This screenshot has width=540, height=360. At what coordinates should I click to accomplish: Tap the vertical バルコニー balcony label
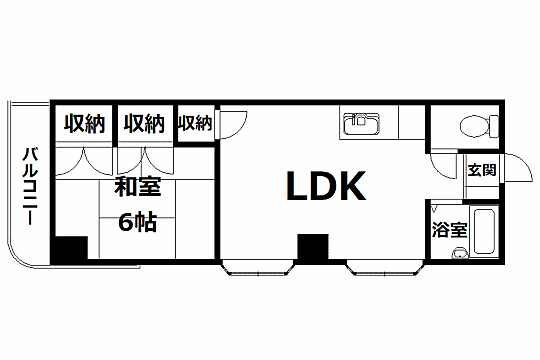tap(30, 186)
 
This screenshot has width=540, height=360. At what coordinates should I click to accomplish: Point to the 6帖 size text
tap(137, 222)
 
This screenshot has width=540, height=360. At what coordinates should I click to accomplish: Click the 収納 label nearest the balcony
tap(85, 124)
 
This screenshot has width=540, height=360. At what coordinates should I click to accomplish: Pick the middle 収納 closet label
tap(144, 124)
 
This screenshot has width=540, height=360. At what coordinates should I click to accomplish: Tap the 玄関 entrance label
tap(482, 170)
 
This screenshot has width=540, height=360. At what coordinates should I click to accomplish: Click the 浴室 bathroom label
tap(448, 230)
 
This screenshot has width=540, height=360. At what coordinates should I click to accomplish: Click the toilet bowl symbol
tap(474, 126)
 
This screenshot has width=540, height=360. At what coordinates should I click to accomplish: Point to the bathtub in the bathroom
tap(485, 232)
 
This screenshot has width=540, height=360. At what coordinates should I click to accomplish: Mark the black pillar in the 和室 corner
tap(70, 248)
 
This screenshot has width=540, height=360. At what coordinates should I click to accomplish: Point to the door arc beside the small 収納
tap(228, 124)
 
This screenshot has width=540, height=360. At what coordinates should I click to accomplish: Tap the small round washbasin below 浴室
tap(459, 253)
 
